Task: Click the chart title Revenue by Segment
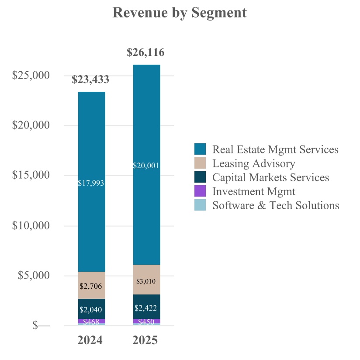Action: [180, 13]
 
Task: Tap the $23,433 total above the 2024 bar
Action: [90, 80]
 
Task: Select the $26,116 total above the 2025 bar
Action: [145, 53]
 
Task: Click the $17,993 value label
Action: [91, 183]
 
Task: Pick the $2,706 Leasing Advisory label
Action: [91, 286]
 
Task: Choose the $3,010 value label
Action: [146, 281]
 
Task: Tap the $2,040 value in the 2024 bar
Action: [91, 310]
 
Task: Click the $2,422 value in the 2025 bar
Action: [146, 308]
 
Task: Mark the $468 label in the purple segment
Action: [91, 322]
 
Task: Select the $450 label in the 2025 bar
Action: [146, 322]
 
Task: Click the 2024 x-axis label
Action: [90, 340]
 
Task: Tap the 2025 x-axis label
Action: [145, 340]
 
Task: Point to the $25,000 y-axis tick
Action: [31, 75]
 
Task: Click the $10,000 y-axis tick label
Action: [31, 226]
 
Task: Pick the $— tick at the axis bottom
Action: [42, 325]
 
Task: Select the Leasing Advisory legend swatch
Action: [200, 163]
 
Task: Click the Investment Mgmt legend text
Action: [254, 191]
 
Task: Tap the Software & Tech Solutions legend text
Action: [276, 205]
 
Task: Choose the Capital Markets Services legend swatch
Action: [200, 177]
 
